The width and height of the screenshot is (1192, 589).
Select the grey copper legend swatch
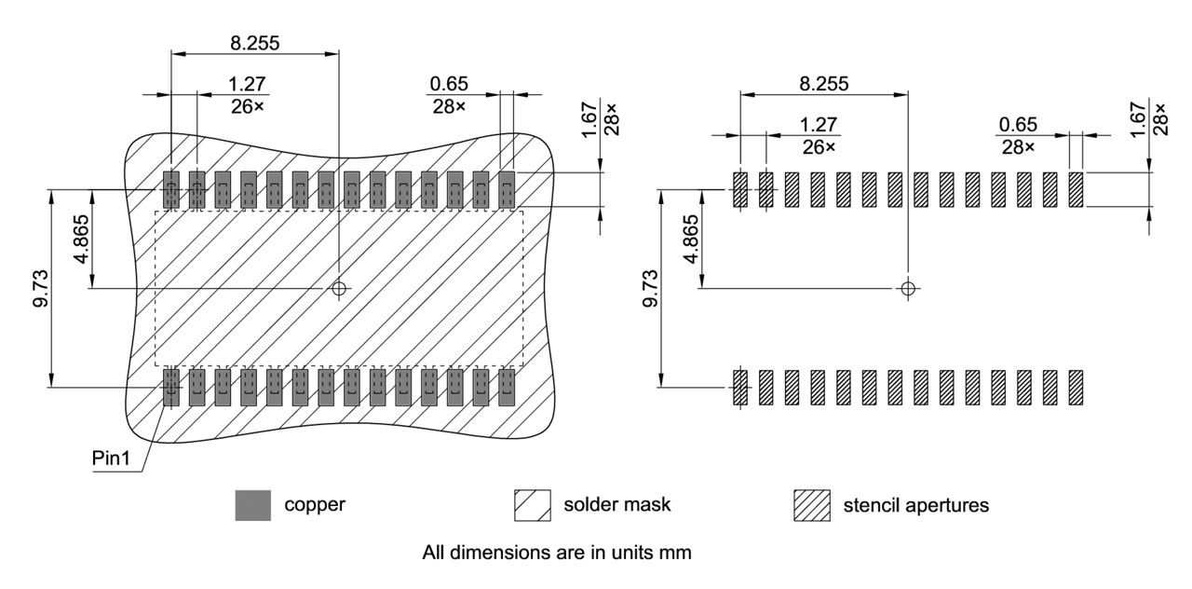pyautogui.click(x=252, y=505)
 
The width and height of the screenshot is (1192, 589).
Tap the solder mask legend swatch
pyautogui.click(x=532, y=505)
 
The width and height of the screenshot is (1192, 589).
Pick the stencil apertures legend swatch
pyautogui.click(x=811, y=505)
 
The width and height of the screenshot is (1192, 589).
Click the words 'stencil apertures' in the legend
pyautogui.click(x=915, y=505)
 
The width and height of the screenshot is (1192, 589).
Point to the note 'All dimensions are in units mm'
pyautogui.click(x=556, y=553)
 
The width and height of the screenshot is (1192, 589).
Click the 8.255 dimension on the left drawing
pyautogui.click(x=253, y=42)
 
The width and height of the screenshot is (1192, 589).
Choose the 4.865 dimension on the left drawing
pyautogui.click(x=82, y=240)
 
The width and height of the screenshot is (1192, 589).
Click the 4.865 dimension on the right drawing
pyautogui.click(x=690, y=240)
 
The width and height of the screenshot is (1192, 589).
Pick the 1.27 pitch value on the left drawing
pyautogui.click(x=247, y=85)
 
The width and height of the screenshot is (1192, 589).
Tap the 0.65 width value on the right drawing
pyautogui.click(x=1018, y=125)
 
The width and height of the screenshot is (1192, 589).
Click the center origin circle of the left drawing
pyautogui.click(x=339, y=288)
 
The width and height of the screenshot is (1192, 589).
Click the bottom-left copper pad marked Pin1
pyautogui.click(x=170, y=387)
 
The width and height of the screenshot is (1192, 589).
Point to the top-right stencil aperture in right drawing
pyautogui.click(x=1076, y=189)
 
